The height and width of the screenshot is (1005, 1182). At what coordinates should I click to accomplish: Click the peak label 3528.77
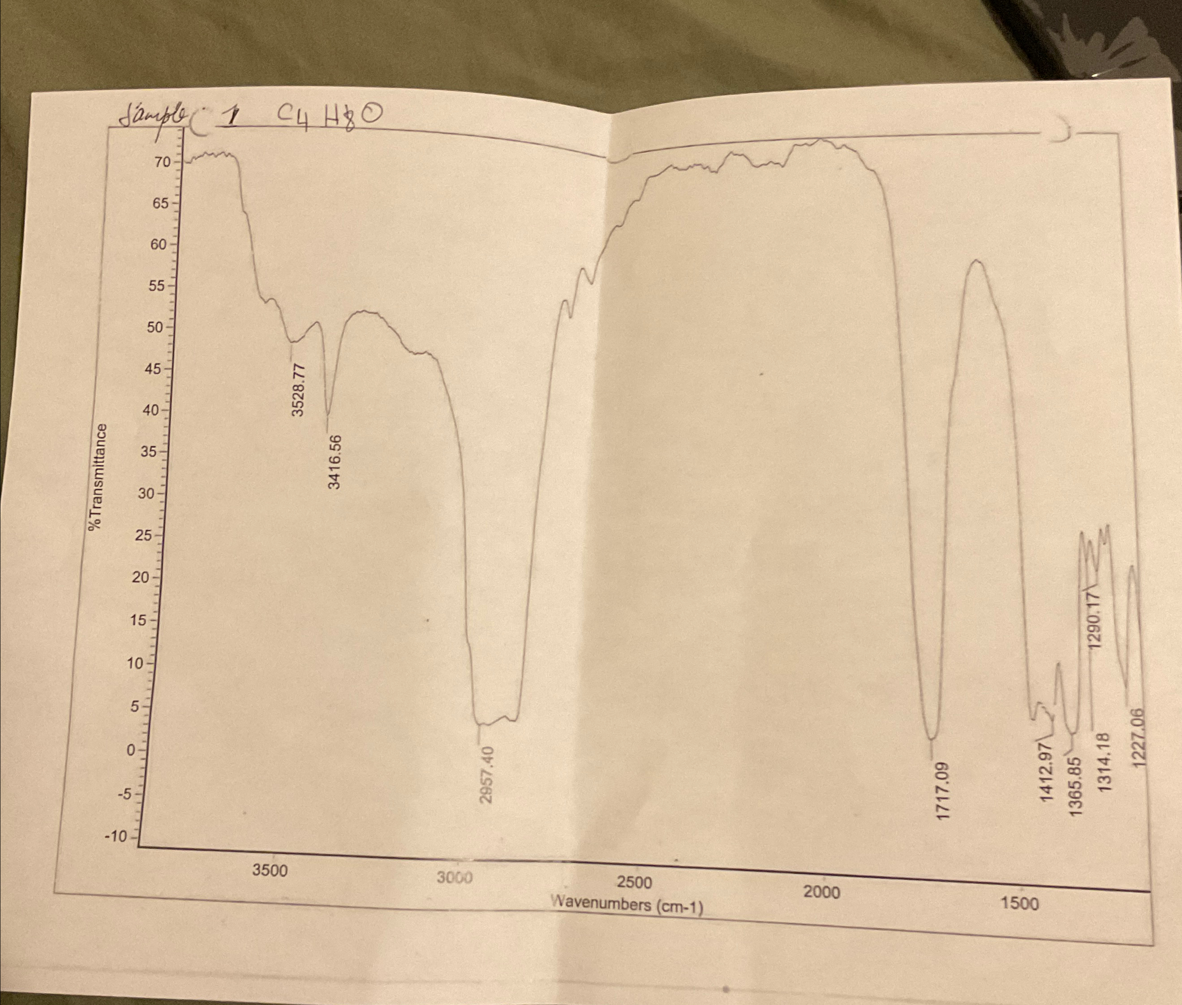point(299,389)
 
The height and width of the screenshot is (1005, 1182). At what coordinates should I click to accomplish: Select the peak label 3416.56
point(335,462)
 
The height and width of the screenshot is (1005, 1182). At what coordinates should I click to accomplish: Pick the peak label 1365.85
point(1076,786)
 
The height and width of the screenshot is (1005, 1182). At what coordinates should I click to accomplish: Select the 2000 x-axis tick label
point(821,892)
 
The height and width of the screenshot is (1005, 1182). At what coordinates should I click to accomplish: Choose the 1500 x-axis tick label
point(1019,903)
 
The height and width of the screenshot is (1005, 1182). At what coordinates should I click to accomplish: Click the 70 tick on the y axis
point(163,163)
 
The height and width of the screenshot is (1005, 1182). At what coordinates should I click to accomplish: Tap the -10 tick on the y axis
point(116,836)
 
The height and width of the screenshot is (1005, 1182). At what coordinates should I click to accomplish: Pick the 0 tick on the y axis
point(131,750)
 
